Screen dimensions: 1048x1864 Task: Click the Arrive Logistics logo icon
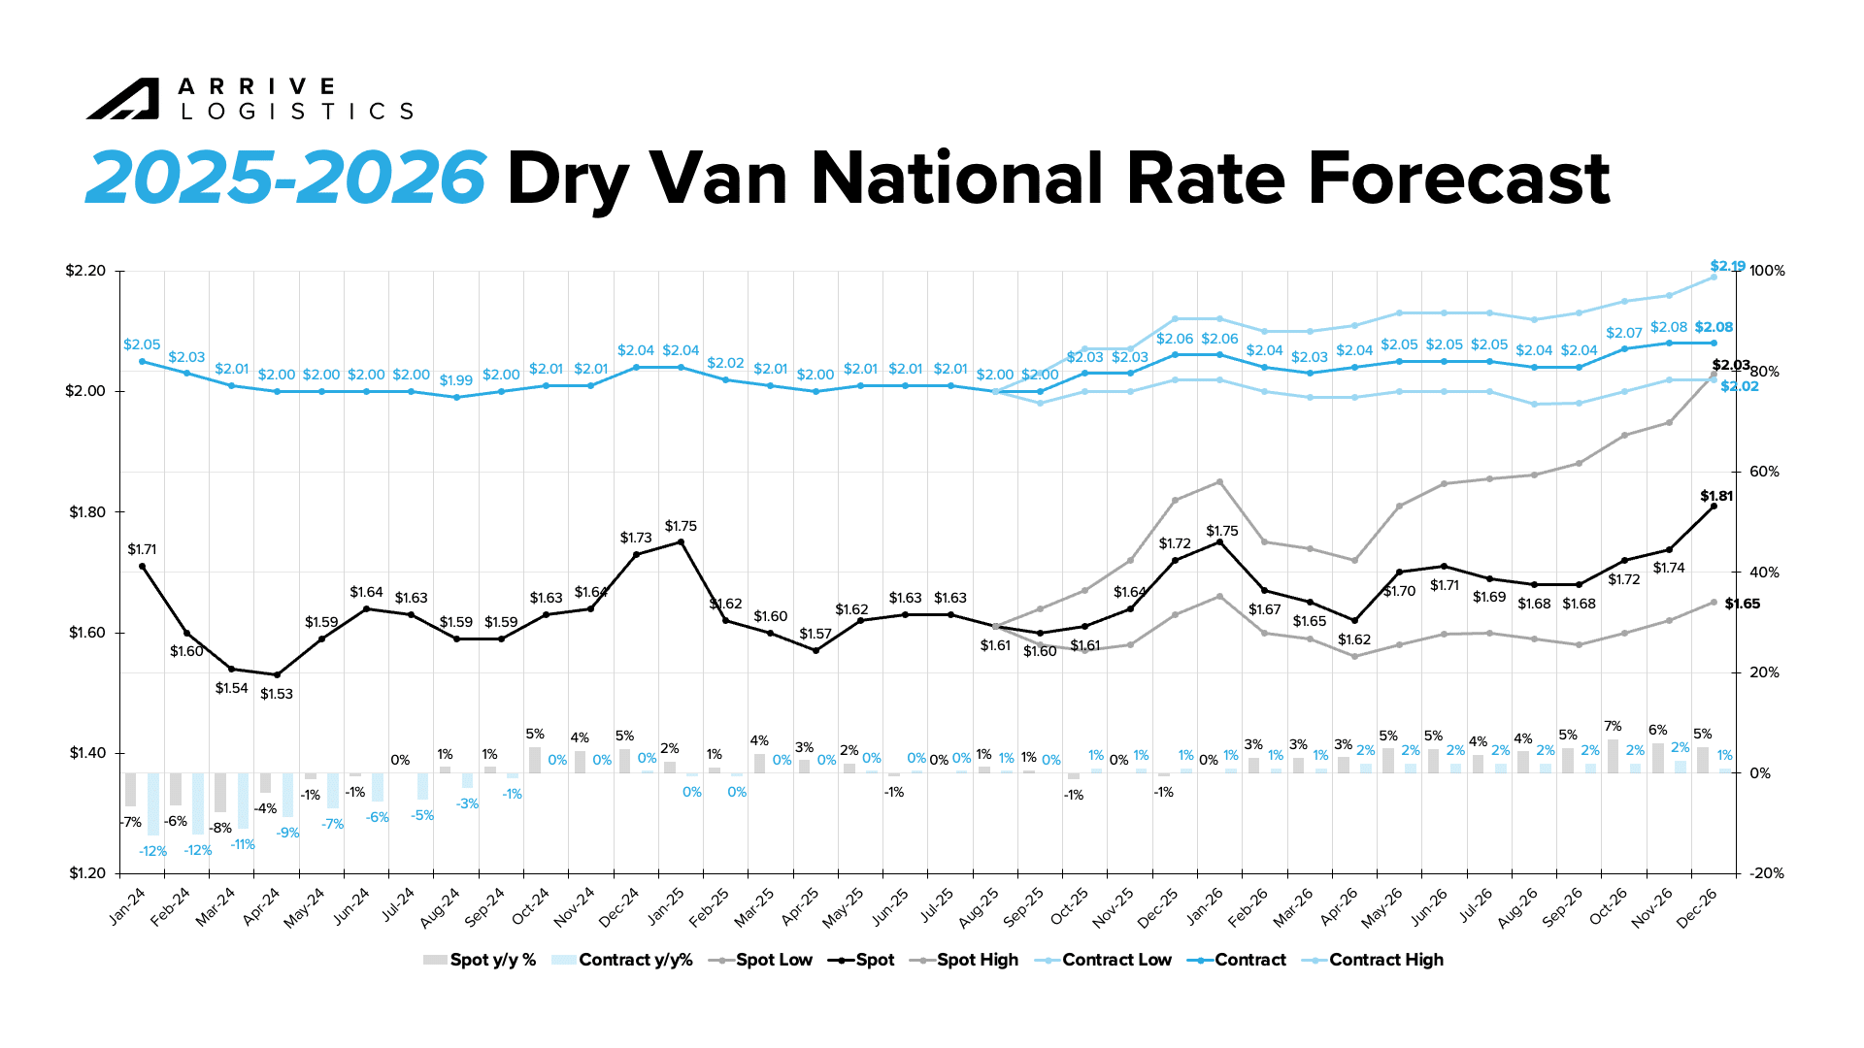pos(122,99)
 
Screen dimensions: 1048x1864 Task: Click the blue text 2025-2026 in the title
pos(285,179)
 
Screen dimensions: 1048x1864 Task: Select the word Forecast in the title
pos(1458,179)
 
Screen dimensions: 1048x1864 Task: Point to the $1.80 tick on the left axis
pos(86,512)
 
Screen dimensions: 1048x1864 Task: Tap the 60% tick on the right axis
pos(1764,472)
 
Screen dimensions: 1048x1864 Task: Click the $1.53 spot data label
pos(277,694)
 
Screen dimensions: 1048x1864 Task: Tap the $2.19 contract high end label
pos(1727,266)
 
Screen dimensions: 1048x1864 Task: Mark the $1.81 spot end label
pos(1716,496)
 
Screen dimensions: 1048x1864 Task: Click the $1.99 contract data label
pos(456,380)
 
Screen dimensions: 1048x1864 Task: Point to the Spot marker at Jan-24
pos(143,567)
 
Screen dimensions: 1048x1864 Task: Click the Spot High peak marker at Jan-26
pos(1220,482)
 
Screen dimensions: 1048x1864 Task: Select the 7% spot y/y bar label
pos(1613,726)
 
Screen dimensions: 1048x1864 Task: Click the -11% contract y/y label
pos(243,845)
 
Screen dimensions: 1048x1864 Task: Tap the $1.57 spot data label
pos(815,634)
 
